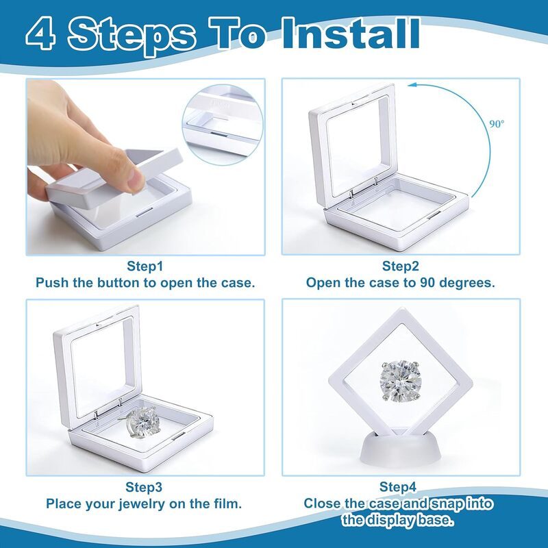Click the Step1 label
(145, 266)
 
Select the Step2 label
(401, 266)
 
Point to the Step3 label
(144, 487)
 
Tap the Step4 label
(398, 487)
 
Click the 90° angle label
(497, 124)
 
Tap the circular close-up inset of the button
(223, 125)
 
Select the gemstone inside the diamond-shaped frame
(399, 382)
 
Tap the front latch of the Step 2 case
(434, 216)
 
